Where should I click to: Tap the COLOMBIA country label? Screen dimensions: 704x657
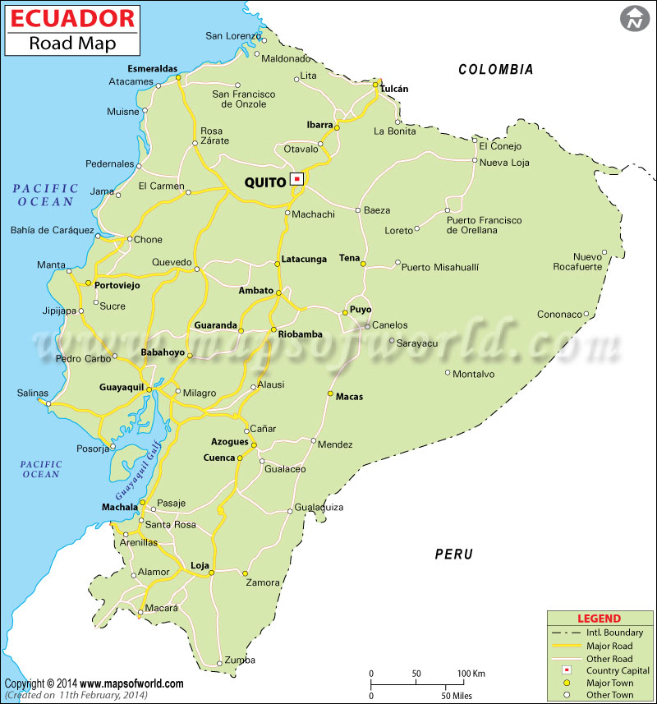[x=496, y=70]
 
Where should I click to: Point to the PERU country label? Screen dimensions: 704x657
[x=453, y=554]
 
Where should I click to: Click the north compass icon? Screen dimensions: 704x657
[x=634, y=18]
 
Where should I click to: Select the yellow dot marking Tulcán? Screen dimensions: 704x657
[x=375, y=83]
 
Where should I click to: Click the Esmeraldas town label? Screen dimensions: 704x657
[x=153, y=69]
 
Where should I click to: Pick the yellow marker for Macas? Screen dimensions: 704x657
[x=330, y=394]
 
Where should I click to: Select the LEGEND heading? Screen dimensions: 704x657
[x=599, y=619]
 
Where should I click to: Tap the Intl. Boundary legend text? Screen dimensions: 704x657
[x=614, y=633]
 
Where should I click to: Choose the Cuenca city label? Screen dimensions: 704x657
[x=219, y=458]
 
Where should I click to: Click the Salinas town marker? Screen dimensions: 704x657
[x=48, y=403]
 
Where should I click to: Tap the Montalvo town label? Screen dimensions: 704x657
[x=474, y=374]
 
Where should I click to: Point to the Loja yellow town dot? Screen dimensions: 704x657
[x=211, y=573]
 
